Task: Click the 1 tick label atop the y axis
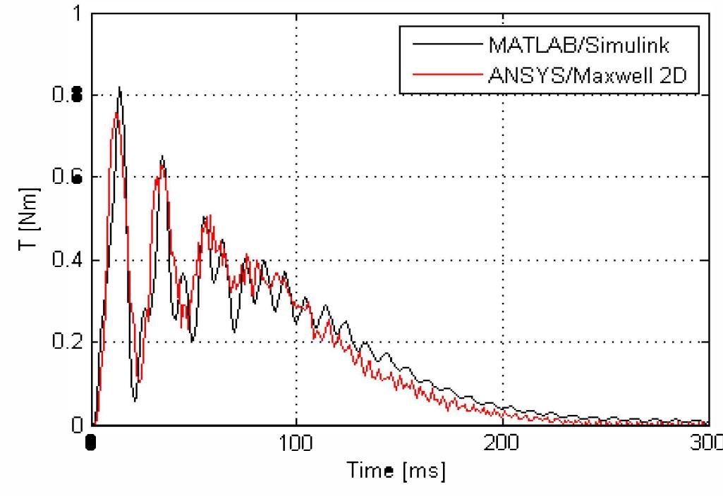pyautogui.click(x=77, y=13)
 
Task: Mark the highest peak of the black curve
pyautogui.click(x=120, y=87)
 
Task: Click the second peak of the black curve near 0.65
pyautogui.click(x=162, y=156)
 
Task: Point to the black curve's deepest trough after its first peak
pyautogui.click(x=135, y=400)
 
